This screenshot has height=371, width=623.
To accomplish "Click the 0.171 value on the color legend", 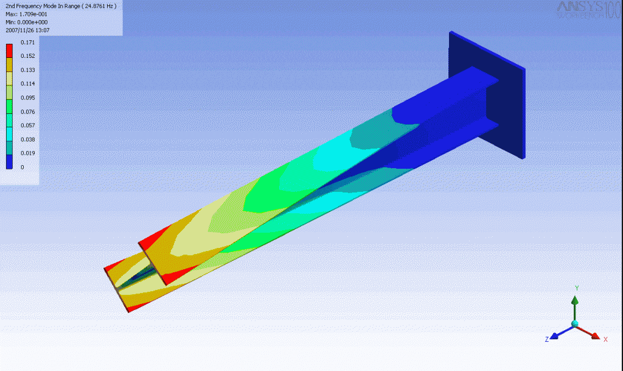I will [29, 42].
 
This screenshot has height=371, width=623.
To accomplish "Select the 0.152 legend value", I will [29, 56].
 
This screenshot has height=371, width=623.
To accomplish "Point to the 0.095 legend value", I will [29, 97].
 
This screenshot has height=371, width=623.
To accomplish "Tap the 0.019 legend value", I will [29, 154].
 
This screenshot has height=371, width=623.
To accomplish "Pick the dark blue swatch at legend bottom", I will [9, 161].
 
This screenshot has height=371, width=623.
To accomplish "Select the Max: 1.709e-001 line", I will [26, 13].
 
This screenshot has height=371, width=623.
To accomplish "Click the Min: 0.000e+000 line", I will [27, 21].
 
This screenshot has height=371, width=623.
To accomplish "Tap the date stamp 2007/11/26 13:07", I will [27, 30].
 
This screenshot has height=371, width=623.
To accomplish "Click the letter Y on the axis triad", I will [576, 288].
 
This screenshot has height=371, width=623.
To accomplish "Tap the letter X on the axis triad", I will [605, 339].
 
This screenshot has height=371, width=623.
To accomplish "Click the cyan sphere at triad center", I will [575, 324].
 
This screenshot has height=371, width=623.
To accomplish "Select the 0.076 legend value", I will [29, 111].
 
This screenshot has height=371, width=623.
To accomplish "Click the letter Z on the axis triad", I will [547, 339].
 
